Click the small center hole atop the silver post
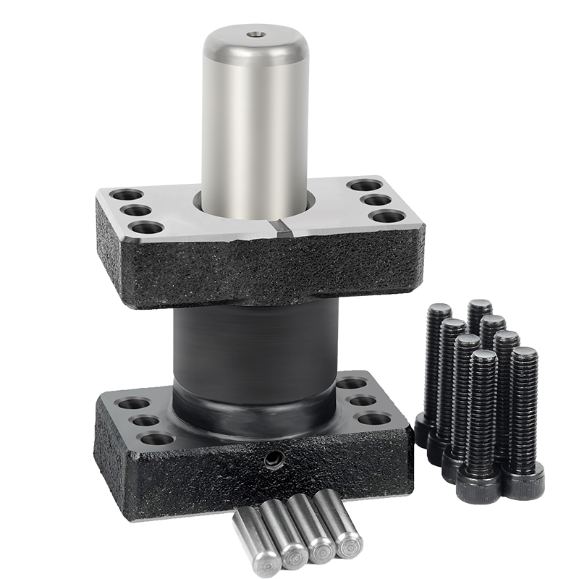(255, 33)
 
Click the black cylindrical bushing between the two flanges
(255, 347)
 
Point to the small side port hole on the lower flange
(274, 458)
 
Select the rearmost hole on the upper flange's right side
(365, 185)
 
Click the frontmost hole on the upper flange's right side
(389, 216)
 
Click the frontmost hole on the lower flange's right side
(374, 418)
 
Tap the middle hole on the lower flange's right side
(363, 400)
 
